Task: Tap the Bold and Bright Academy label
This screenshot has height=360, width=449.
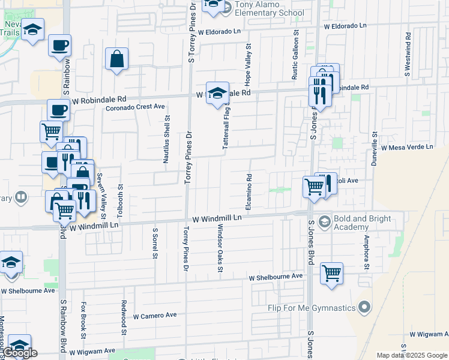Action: (351, 223)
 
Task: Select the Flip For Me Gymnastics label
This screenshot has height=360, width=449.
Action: (312, 308)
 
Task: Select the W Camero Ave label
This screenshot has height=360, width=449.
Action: (155, 315)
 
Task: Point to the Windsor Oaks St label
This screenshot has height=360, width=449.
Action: (220, 247)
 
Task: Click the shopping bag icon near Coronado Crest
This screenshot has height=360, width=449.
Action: (116, 59)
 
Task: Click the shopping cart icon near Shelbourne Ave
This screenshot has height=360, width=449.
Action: (331, 274)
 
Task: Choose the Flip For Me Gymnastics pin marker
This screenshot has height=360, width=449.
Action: (364, 308)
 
